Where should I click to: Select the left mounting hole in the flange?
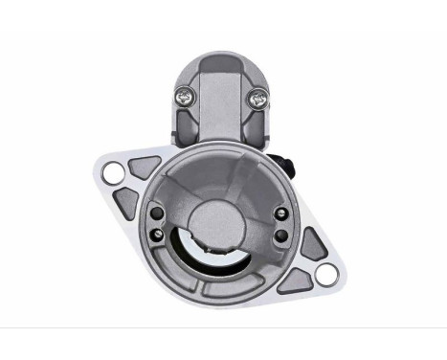coord(113,173)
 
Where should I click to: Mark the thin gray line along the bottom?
coord(223,327)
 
